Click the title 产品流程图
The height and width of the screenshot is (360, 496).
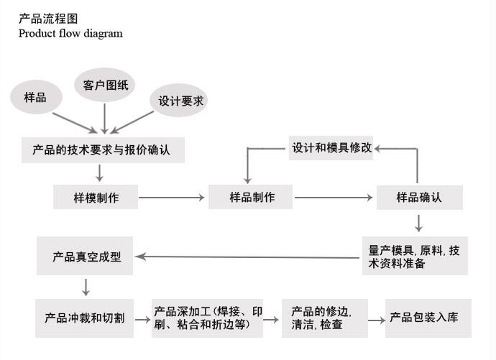click(x=47, y=19)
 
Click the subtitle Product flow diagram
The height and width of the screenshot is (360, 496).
click(x=70, y=33)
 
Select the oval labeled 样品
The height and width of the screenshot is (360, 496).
click(x=35, y=97)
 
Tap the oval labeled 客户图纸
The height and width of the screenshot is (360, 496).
click(x=105, y=85)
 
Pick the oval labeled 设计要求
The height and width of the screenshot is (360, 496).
click(x=180, y=101)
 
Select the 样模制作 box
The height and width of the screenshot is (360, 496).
click(x=96, y=197)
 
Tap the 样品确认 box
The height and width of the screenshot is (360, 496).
click(x=419, y=197)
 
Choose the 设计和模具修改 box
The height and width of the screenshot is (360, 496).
click(x=331, y=148)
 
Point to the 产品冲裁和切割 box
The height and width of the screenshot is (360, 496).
click(x=85, y=318)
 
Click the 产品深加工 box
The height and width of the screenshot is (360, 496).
click(x=208, y=318)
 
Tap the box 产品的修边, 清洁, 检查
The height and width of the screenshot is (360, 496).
click(x=323, y=318)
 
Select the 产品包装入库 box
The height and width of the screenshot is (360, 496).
click(x=428, y=318)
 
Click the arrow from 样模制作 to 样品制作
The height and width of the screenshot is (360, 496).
click(x=173, y=197)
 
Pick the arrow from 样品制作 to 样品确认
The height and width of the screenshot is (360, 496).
click(x=334, y=197)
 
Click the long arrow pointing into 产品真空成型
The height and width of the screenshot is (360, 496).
click(x=248, y=257)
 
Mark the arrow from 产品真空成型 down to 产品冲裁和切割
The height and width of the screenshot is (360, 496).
click(x=86, y=287)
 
